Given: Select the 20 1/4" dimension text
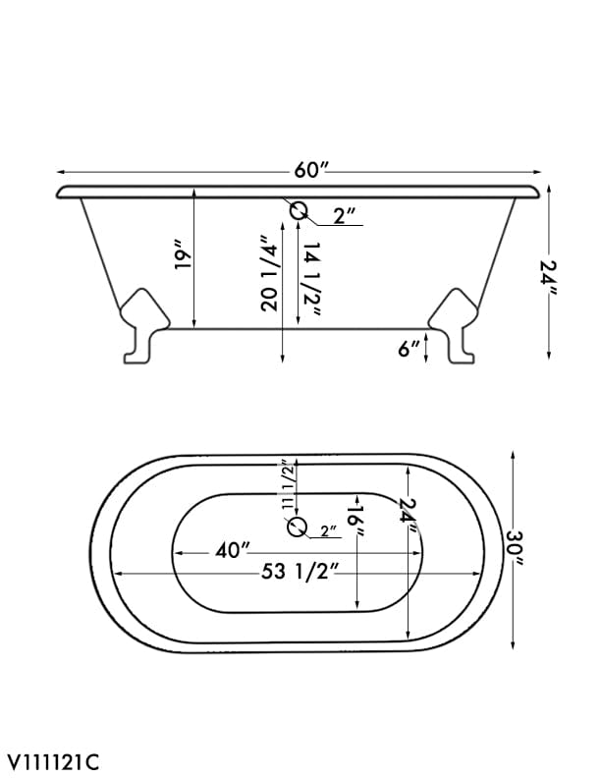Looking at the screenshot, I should coord(269,273).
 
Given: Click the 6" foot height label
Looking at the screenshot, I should coord(410,348).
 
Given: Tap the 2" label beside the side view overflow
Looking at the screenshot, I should coord(344,216).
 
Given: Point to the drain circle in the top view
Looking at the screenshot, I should coord(297,528).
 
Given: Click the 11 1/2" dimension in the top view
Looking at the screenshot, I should coord(287,484).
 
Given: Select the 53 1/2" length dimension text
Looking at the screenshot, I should coord(300,574).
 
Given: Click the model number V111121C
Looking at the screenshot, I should coord(55,760).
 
